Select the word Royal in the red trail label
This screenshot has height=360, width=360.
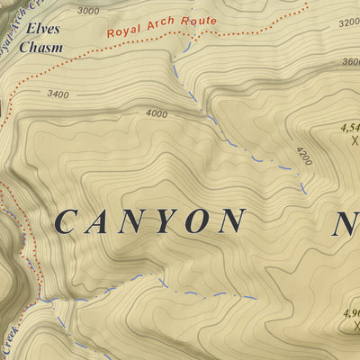123,31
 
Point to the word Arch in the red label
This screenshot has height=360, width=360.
160,24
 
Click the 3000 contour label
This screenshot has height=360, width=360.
88,11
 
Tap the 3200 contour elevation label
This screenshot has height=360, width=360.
348,22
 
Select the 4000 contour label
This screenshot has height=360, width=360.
156,113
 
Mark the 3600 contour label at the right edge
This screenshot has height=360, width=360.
350,61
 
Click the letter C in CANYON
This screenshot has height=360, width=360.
68,221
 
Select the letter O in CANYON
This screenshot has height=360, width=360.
198,221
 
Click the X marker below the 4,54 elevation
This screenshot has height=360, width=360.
354,140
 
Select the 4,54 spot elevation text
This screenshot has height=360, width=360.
349,128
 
